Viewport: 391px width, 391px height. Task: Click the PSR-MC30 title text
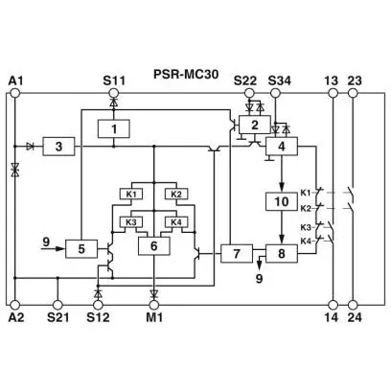point(186,74)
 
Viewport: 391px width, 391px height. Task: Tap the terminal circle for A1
point(14,93)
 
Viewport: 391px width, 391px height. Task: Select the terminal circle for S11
point(113,93)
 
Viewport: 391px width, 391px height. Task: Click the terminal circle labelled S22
point(249,93)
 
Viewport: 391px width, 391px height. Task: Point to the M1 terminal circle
point(154,305)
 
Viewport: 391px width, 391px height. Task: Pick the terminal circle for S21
point(57,305)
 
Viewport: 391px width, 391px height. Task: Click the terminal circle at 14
point(333,305)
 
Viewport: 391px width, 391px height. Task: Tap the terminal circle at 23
point(353,93)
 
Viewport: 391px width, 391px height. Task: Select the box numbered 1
point(114,128)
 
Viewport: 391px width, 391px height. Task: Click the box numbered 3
point(58,147)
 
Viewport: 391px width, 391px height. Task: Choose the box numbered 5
point(81,248)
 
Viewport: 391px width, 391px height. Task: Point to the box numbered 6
point(154,246)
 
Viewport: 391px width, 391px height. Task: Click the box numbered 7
point(237,254)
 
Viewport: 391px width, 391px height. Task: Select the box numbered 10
point(282,201)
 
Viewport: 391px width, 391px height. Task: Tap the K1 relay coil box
point(131,194)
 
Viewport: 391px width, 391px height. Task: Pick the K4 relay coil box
point(176,221)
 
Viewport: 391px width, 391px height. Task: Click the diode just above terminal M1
point(154,292)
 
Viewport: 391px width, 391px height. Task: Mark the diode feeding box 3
point(31,147)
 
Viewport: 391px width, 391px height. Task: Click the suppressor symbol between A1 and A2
point(14,169)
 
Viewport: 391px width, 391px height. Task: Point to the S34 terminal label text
point(280,80)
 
